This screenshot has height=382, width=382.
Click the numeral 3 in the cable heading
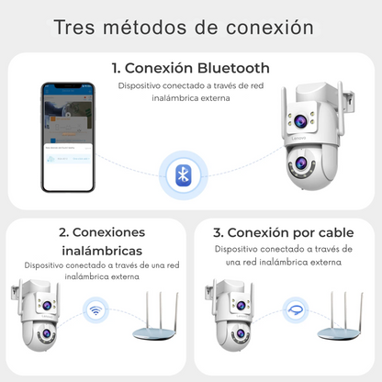(218, 231)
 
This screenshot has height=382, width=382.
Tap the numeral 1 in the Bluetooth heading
(116, 68)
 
